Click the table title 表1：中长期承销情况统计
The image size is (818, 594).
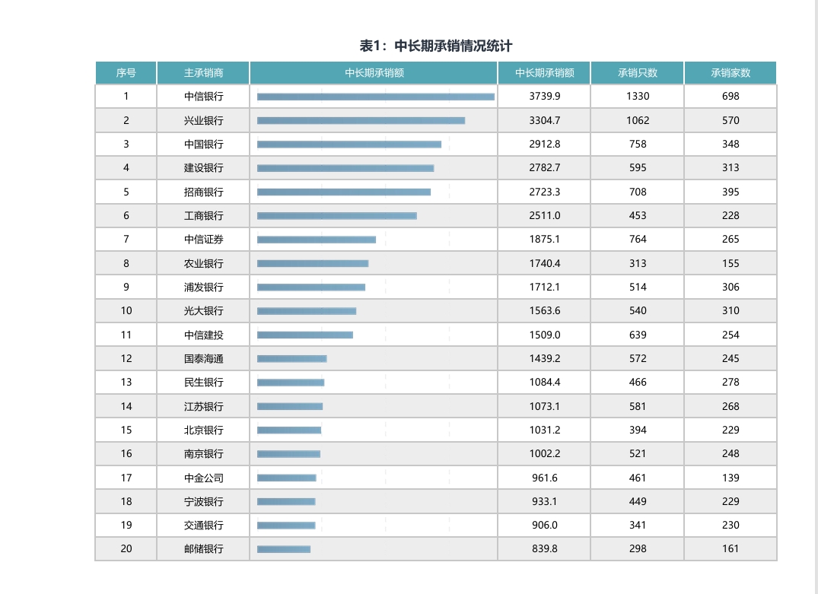tap(441, 46)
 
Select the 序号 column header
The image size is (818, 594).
tap(126, 73)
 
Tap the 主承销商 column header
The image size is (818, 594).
tap(203, 73)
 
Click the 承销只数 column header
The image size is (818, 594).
tap(637, 73)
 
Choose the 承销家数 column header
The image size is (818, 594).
tap(730, 73)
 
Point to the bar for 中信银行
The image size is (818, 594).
tap(376, 97)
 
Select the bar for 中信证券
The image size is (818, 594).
tap(317, 240)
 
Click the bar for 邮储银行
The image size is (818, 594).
tap(284, 549)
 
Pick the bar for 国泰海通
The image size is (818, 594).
tap(292, 358)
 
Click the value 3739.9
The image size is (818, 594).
tap(544, 97)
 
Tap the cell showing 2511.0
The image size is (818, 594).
tap(544, 216)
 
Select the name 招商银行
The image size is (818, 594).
tap(203, 192)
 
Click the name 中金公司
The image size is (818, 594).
tap(203, 478)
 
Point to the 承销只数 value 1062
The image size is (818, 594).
tap(637, 120)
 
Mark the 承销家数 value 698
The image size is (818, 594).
tap(730, 97)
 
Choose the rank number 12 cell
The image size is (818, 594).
tap(126, 358)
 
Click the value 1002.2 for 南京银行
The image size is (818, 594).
tap(544, 454)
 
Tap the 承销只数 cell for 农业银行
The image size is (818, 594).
tap(637, 263)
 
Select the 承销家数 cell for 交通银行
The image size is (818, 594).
tap(730, 525)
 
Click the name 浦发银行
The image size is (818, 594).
tap(203, 287)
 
